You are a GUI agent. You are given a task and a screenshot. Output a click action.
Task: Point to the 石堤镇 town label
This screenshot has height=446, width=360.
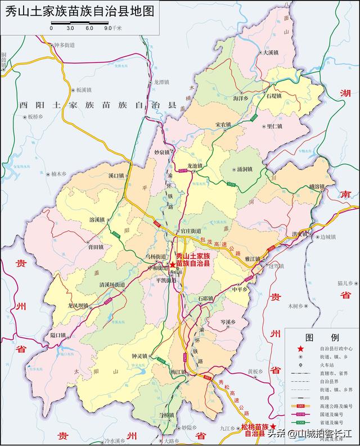click(x=276, y=96)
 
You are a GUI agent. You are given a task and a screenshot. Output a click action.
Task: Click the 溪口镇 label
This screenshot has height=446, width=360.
click(x=115, y=175)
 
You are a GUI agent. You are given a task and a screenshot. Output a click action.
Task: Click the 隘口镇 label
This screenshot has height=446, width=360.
click(x=58, y=335)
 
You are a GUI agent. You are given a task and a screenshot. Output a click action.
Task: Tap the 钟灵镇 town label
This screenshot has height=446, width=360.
click(x=139, y=356)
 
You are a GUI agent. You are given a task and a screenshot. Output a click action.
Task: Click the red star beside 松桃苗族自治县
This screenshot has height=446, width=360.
click(x=273, y=427)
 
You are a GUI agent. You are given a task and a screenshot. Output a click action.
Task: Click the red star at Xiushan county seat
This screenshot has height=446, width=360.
click(x=173, y=265)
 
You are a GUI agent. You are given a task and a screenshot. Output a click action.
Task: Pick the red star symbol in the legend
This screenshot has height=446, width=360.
click(x=300, y=349)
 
